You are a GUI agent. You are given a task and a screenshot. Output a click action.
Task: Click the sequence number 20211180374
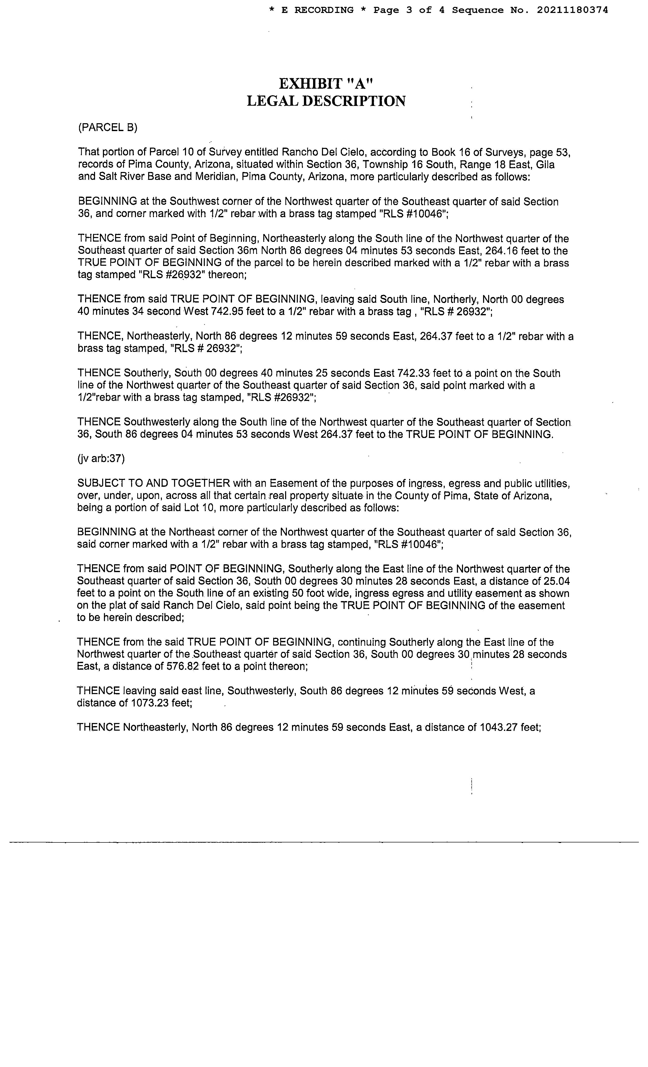(x=572, y=10)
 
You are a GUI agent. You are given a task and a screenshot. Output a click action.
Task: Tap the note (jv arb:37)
(x=101, y=459)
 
